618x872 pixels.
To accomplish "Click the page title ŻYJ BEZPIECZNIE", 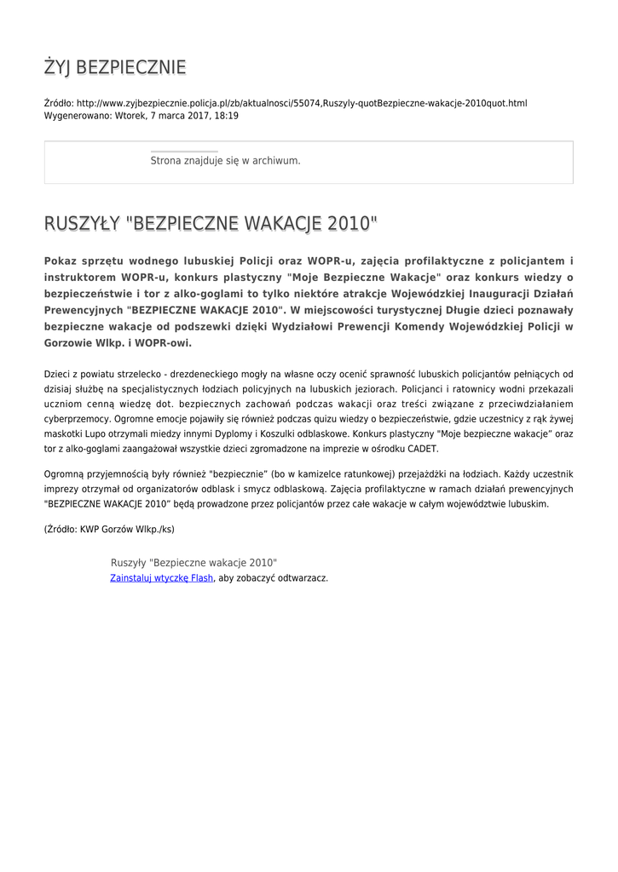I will click(115, 67).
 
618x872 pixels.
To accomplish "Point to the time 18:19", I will click(227, 115).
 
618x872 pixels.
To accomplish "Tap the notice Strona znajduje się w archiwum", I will click(225, 160).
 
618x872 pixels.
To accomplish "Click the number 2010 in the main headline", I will click(349, 223).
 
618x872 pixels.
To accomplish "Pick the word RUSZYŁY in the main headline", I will click(81, 223).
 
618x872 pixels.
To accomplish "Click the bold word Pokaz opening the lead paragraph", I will click(61, 260).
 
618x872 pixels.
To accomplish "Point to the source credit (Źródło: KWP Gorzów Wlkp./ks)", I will click(109, 529).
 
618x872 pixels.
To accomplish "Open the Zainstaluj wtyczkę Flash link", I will click(162, 577).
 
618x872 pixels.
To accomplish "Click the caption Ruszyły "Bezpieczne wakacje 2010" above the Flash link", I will click(193, 563).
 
